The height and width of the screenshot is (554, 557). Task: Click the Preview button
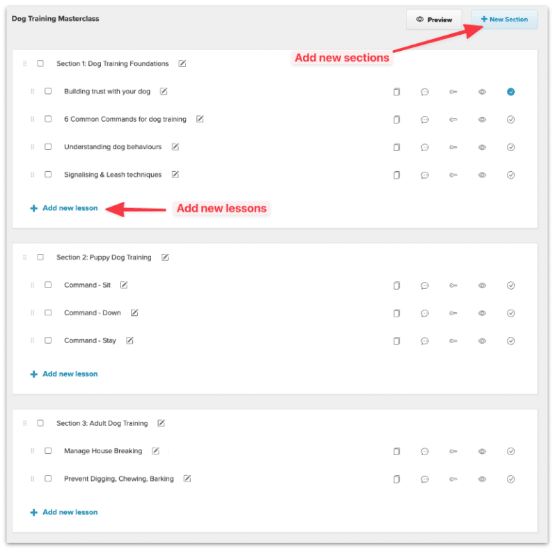(434, 19)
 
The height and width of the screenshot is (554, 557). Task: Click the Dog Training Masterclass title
(55, 19)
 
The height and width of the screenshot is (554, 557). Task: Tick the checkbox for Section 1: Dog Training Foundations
(40, 63)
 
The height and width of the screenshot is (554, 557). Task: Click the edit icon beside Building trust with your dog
(164, 91)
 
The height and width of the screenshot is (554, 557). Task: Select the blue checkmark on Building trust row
(510, 92)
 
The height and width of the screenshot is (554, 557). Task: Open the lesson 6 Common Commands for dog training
(125, 119)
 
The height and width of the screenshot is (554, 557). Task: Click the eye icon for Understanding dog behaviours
(482, 147)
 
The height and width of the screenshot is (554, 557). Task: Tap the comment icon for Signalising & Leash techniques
(425, 175)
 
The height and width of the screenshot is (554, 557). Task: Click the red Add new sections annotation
(342, 58)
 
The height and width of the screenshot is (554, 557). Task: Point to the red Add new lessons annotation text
(221, 208)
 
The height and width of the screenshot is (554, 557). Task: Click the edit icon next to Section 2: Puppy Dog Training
(165, 258)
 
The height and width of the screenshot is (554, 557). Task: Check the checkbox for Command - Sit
(48, 285)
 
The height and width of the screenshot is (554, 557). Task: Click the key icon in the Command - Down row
(453, 313)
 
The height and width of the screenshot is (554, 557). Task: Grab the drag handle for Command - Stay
(32, 340)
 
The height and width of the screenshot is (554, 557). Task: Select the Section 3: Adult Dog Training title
(102, 423)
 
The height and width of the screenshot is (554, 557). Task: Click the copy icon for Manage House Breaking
(397, 451)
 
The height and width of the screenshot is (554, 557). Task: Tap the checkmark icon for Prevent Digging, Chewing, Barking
(510, 479)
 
